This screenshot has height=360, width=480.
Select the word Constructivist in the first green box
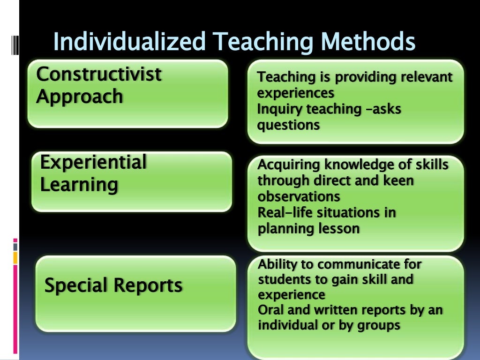pyautogui.click(x=98, y=74)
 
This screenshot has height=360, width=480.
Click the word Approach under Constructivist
pyautogui.click(x=79, y=97)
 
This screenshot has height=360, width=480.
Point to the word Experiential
pyautogui.click(x=93, y=163)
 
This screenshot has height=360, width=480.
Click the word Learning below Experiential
pyautogui.click(x=79, y=185)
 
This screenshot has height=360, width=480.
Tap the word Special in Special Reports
pyautogui.click(x=75, y=285)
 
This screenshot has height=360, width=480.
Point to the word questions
pyautogui.click(x=288, y=125)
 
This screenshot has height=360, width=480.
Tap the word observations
pyautogui.click(x=299, y=196)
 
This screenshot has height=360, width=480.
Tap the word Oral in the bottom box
pyautogui.click(x=269, y=310)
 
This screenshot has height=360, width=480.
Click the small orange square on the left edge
pyautogui.click(x=15, y=257)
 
